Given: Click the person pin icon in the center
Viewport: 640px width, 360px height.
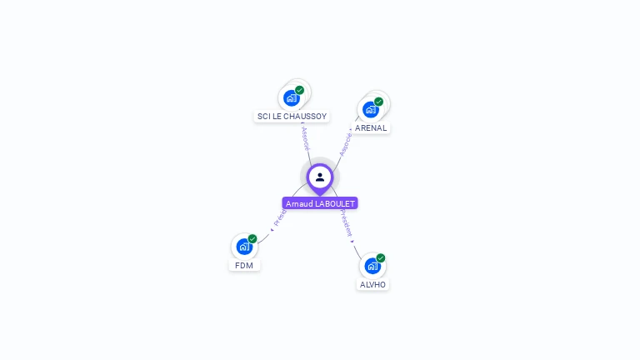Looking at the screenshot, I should coord(320,177).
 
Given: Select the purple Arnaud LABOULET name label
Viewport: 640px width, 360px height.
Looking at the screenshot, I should coord(320,203).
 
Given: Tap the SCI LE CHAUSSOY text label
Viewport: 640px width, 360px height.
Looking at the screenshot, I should coord(292,117).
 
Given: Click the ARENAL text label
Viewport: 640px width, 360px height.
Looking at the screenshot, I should coord(371,128).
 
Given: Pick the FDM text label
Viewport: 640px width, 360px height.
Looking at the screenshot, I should coord(244,265).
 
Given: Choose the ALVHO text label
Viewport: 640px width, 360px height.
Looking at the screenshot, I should coord(372,284).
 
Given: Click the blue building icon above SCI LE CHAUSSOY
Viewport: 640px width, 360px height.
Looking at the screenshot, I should coord(291,97).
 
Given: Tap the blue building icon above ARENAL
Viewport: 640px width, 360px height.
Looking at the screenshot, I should coord(370,109).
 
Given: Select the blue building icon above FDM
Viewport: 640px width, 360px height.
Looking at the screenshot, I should coord(243,246).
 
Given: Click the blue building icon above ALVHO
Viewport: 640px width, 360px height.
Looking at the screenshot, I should coord(372,265).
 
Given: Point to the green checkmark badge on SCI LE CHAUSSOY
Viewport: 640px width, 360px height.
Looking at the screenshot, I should coord(300,90).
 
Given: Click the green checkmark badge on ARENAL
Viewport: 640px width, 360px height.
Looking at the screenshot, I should coord(379,102).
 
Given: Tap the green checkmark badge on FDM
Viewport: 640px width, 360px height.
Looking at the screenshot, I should coord(252,238).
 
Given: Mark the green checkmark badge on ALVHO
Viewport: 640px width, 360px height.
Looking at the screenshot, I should coord(381,257).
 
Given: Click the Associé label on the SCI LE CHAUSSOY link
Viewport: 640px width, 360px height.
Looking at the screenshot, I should coord(306,138).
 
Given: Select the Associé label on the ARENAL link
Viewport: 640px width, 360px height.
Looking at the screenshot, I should coord(345,144).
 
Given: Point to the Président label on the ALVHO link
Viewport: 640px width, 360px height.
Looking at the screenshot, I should coord(347,224).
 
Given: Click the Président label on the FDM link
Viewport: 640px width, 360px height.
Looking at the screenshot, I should coord(280,218).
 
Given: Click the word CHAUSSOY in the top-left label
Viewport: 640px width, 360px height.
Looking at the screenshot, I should coord(304,117).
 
